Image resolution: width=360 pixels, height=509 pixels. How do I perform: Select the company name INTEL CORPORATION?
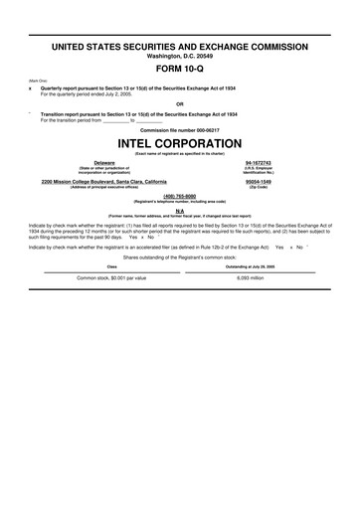(x=180, y=141)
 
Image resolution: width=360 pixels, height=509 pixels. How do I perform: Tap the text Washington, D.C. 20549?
(x=180, y=56)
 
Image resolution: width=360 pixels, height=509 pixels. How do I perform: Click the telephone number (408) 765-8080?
(x=181, y=195)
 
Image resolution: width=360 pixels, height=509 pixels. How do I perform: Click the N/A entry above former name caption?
(x=180, y=210)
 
